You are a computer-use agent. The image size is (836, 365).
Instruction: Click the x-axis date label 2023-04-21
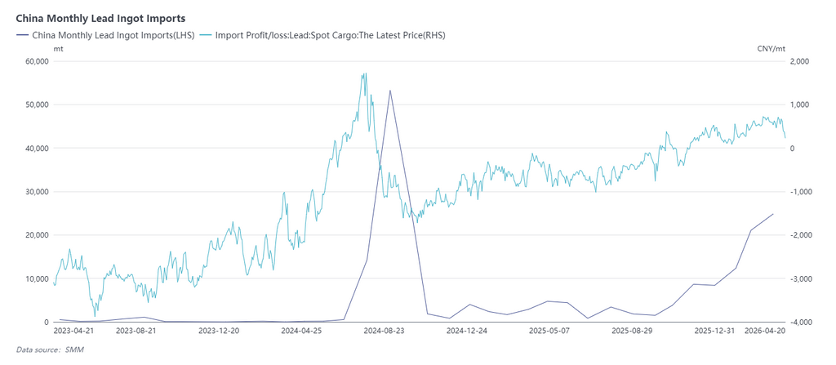(x=74, y=332)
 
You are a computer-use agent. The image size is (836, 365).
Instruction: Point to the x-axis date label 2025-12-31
(x=715, y=332)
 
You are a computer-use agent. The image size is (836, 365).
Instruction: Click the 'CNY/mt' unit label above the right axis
(x=771, y=49)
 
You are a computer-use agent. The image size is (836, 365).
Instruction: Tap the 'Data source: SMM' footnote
(x=50, y=349)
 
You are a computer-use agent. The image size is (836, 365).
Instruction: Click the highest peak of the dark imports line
(x=389, y=91)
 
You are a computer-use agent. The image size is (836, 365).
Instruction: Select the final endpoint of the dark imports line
(x=773, y=214)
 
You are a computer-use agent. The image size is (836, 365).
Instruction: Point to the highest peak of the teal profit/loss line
(x=365, y=73)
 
